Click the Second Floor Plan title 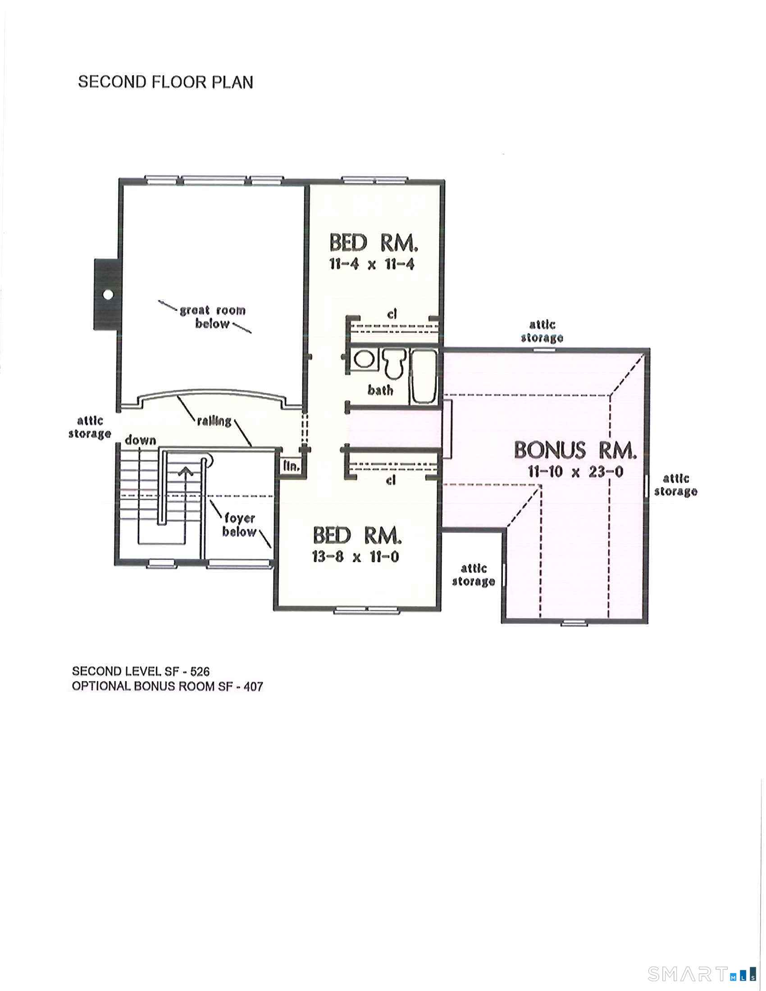click(165, 82)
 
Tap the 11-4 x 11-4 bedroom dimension click(372, 264)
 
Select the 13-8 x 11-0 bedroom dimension click(356, 557)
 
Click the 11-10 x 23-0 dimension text click(575, 472)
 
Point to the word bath click(380, 390)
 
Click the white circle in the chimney click(108, 295)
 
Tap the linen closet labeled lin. click(291, 466)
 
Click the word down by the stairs click(140, 440)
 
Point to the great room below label click(212, 317)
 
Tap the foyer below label click(239, 524)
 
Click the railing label click(214, 421)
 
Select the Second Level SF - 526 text click(141, 671)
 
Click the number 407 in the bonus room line click(253, 686)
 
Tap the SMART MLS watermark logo click(702, 970)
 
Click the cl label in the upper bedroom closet click(392, 314)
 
